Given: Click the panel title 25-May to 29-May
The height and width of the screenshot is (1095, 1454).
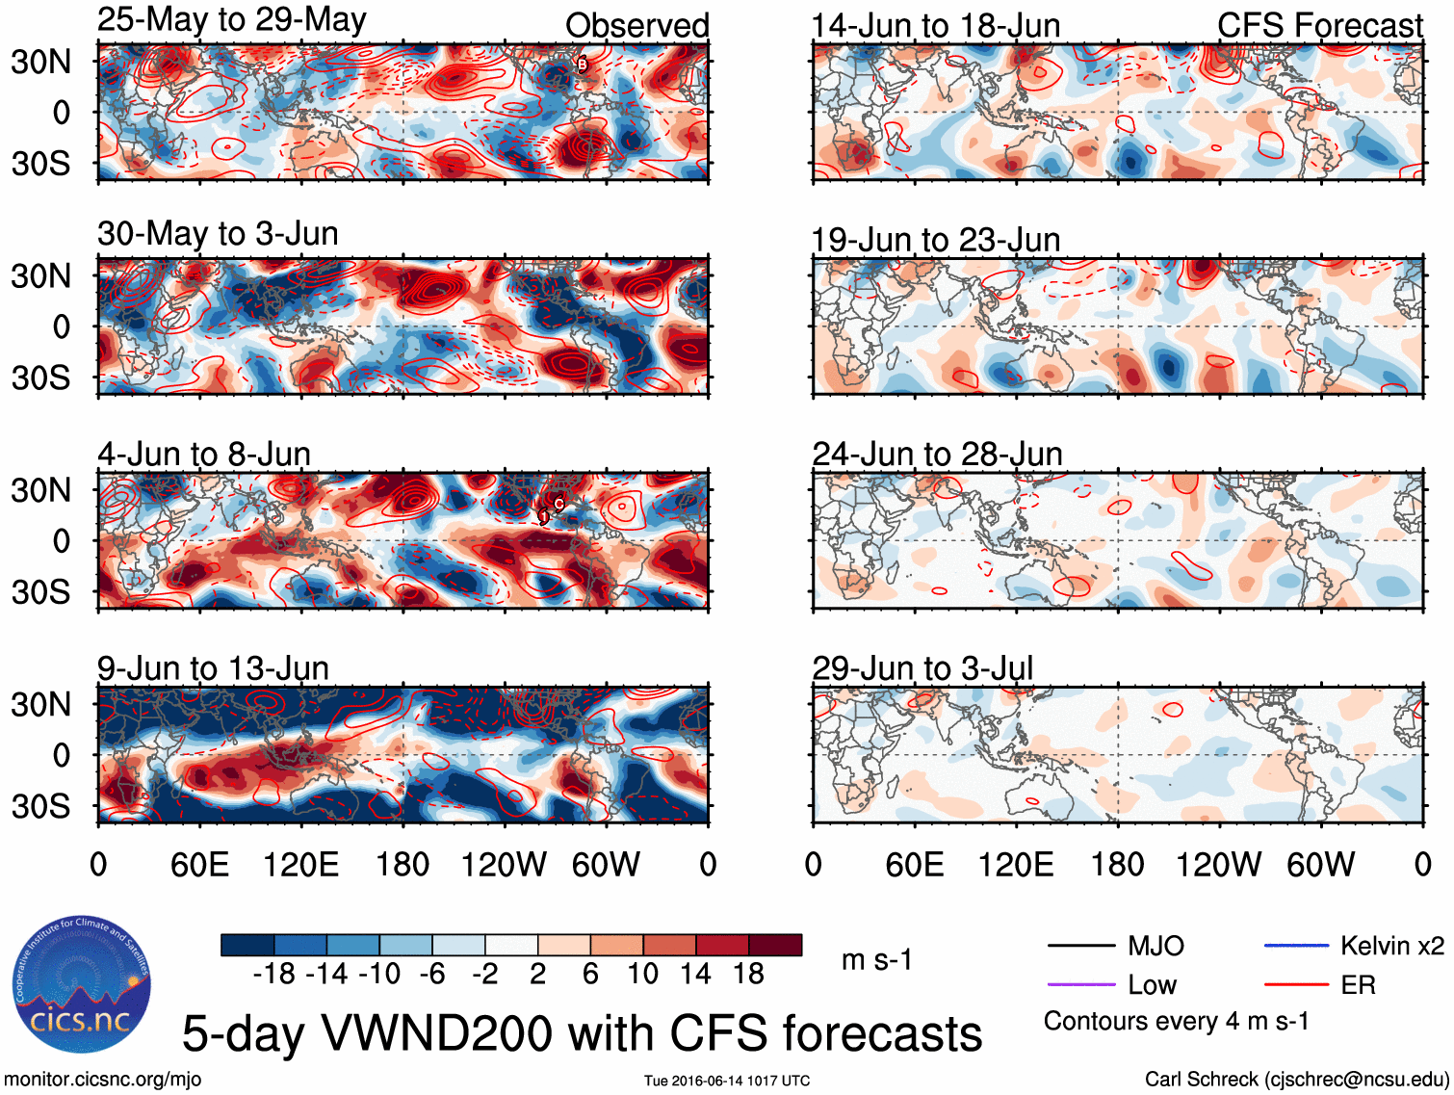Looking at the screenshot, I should [231, 20].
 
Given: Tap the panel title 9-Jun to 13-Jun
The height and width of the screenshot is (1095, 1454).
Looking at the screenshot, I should [213, 667].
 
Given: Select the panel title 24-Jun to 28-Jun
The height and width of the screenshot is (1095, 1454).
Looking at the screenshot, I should [937, 454].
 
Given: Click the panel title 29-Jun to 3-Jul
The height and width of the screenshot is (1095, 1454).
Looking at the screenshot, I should [922, 667].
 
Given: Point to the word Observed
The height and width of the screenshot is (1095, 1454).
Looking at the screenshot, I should [636, 25].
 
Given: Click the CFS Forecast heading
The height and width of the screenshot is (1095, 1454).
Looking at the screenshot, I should [1319, 25].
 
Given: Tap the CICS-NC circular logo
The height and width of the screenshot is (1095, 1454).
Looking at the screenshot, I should [81, 984].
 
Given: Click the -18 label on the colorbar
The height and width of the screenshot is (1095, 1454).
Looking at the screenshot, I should [273, 974].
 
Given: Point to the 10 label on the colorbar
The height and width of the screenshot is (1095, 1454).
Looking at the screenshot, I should [643, 974].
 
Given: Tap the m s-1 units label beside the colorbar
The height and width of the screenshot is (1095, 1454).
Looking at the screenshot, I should [876, 959].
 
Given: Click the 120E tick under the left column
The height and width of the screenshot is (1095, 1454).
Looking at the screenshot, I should [300, 864].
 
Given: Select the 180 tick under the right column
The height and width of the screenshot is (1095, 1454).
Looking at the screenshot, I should [1117, 864].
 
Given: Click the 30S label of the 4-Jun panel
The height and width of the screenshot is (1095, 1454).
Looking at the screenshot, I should [40, 591].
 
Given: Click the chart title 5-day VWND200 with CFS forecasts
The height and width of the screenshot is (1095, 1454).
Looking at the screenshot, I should [582, 1033].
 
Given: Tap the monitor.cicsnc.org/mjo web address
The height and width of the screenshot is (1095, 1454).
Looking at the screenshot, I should [103, 1080].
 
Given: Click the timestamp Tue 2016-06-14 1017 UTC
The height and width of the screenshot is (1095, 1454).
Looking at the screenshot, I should [727, 1081].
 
